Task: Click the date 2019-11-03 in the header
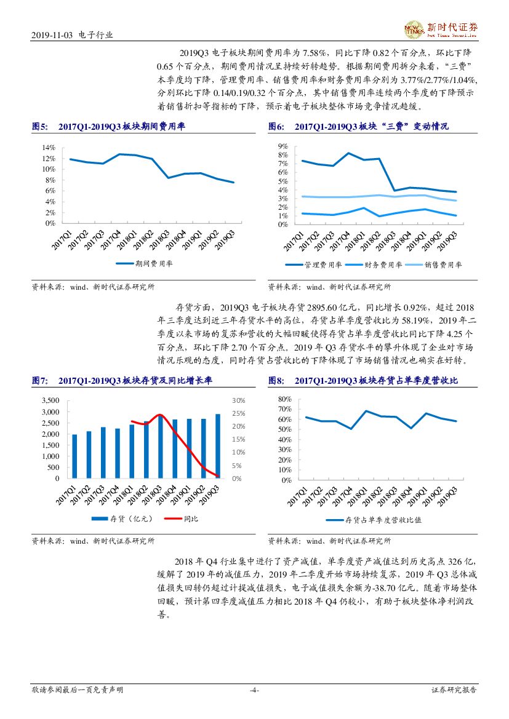tap(52, 36)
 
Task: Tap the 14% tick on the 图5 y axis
tap(49, 148)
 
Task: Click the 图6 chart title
tap(358, 126)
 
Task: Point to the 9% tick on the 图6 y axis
tap(283, 146)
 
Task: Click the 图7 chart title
tap(121, 381)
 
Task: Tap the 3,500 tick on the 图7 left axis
tap(50, 400)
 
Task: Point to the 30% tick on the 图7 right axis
tap(239, 400)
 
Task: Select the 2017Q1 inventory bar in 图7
tap(74, 456)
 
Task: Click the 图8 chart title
tap(363, 381)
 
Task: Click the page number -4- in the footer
tap(254, 690)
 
